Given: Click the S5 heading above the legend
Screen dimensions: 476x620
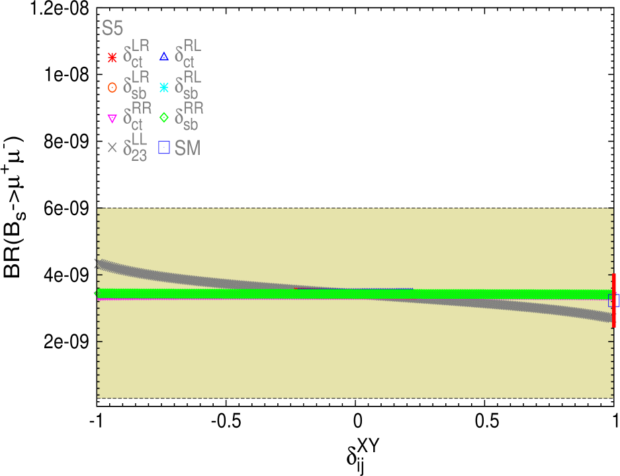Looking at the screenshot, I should pyautogui.click(x=112, y=28).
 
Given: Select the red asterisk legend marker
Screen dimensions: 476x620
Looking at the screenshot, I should pyautogui.click(x=112, y=57).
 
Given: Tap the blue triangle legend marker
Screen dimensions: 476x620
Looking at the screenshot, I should pyautogui.click(x=164, y=57).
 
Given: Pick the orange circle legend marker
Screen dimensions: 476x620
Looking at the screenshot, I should pyautogui.click(x=112, y=87).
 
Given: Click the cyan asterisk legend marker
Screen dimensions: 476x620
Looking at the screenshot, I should pyautogui.click(x=164, y=87).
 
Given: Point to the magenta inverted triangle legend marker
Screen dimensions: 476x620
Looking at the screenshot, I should pyautogui.click(x=112, y=119).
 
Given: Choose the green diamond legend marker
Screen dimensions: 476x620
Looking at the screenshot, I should pyautogui.click(x=164, y=119).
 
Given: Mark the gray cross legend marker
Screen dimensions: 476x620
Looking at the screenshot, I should pyautogui.click(x=112, y=148).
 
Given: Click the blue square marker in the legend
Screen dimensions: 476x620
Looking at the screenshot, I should pyautogui.click(x=164, y=148).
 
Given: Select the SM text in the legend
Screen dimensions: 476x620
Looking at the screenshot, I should pyautogui.click(x=187, y=148).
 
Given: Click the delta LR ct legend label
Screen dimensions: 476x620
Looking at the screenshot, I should pyautogui.click(x=136, y=56).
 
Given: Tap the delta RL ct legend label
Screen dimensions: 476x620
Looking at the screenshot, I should pyautogui.click(x=188, y=56).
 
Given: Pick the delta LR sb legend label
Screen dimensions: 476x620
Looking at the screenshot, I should pyautogui.click(x=136, y=86).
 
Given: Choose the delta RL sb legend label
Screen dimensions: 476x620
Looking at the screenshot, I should pyautogui.click(x=188, y=86).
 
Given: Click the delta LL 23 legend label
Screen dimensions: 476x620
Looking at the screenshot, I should pyautogui.click(x=136, y=148).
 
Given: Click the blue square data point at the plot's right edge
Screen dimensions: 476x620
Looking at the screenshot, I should pyautogui.click(x=613, y=301).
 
